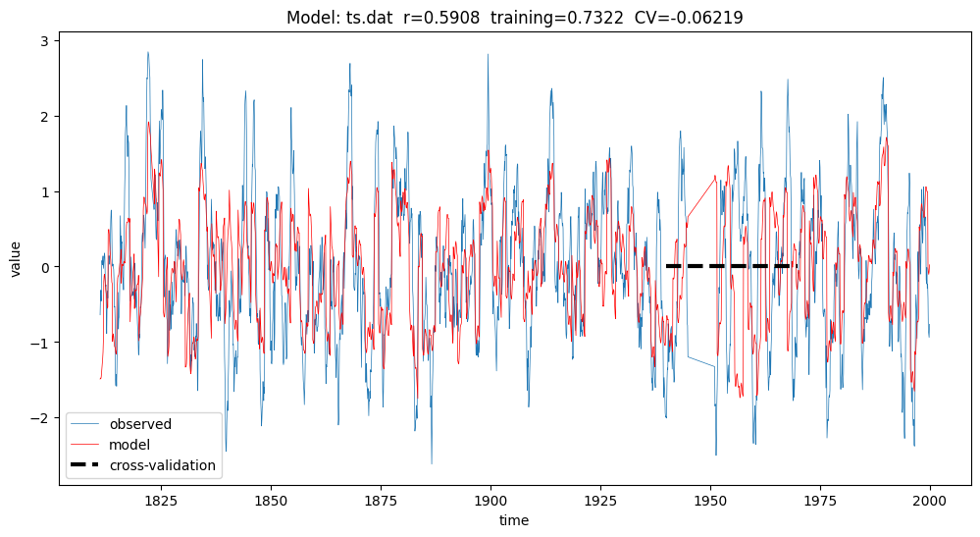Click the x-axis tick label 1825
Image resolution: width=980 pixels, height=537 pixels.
(x=161, y=499)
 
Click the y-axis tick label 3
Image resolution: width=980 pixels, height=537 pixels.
(x=44, y=41)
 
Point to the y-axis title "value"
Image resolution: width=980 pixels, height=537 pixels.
(x=17, y=257)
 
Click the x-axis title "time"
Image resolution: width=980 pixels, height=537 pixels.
(x=513, y=519)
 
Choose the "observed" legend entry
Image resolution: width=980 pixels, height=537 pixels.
(x=140, y=425)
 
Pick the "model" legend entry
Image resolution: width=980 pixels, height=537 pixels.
(x=130, y=445)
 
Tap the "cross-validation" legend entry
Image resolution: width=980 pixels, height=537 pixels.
(x=162, y=465)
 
